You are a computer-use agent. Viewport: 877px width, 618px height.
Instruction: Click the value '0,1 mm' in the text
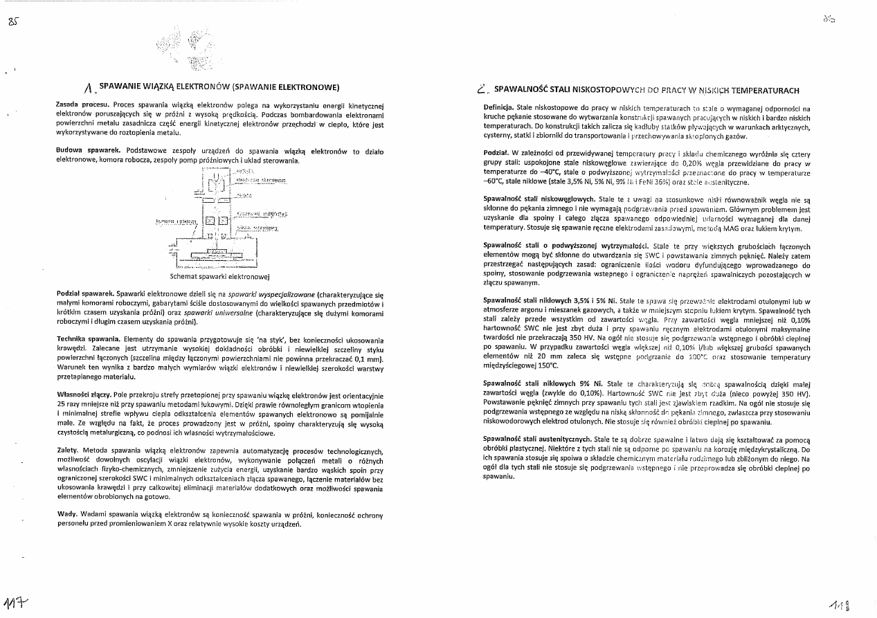[370, 359]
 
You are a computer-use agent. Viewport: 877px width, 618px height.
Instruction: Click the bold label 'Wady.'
[66, 515]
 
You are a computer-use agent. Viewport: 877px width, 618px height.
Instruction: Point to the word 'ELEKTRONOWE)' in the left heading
[309, 88]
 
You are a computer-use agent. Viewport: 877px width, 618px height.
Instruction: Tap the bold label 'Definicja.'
[498, 109]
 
